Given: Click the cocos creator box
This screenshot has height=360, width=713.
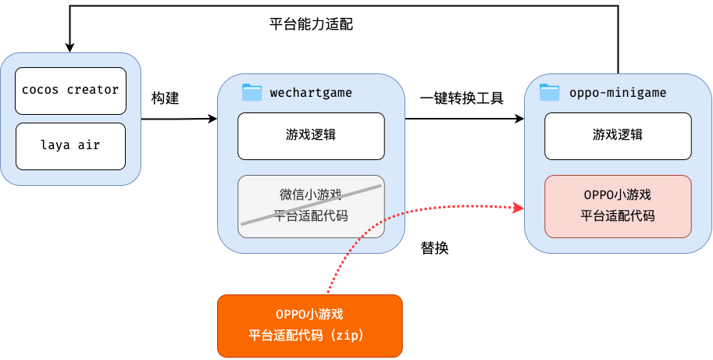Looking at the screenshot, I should pyautogui.click(x=70, y=90).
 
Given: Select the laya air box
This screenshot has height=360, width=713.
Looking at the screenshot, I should pyautogui.click(x=70, y=144).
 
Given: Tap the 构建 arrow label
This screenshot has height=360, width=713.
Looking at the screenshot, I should pyautogui.click(x=165, y=99).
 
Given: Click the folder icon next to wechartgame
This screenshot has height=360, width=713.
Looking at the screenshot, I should pyautogui.click(x=251, y=92).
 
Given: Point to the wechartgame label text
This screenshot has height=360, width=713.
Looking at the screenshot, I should pyautogui.click(x=311, y=93).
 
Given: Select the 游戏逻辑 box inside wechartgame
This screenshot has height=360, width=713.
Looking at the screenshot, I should pyautogui.click(x=311, y=136).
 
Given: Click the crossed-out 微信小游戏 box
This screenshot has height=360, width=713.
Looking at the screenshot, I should pyautogui.click(x=311, y=206).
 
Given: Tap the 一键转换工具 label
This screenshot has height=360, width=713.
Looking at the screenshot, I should pyautogui.click(x=462, y=98).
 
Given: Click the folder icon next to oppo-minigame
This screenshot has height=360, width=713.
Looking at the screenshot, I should pyautogui.click(x=550, y=92).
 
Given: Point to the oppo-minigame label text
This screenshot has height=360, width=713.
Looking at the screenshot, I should pyautogui.click(x=618, y=93).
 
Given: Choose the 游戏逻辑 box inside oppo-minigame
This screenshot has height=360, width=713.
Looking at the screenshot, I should pyautogui.click(x=618, y=136).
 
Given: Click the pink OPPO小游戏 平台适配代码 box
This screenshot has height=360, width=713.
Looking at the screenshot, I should pyautogui.click(x=618, y=206).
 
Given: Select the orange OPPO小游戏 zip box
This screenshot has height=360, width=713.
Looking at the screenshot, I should pyautogui.click(x=309, y=325).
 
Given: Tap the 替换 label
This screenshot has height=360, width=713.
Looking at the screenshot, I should pyautogui.click(x=435, y=248).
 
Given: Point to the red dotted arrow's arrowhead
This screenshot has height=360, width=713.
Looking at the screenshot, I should pyautogui.click(x=517, y=207).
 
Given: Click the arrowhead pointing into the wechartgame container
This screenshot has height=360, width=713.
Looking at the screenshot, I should pyautogui.click(x=212, y=119).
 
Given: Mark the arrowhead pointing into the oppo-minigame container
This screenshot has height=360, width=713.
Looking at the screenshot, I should pyautogui.click(x=519, y=119).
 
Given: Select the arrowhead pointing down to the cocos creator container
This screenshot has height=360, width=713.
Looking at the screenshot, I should pyautogui.click(x=70, y=48).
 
